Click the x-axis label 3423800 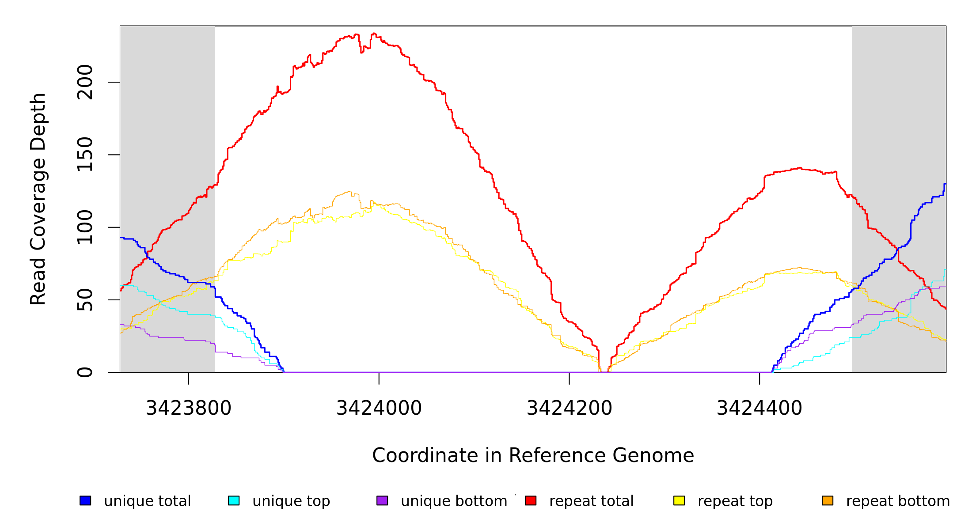pos(189,408)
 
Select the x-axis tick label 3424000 pos(379,408)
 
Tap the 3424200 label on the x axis pos(570,408)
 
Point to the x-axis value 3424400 pos(759,408)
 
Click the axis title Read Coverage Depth pos(38,199)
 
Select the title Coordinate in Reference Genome pos(533,455)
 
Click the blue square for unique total pos(85,500)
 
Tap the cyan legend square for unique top pos(234,500)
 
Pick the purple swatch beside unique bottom pos(382,500)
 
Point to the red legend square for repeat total pos(531,500)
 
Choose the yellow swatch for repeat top pos(679,500)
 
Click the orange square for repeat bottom pos(828,500)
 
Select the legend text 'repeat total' pos(591,501)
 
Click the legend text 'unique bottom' pos(454,501)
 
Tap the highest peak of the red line pos(374,34)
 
